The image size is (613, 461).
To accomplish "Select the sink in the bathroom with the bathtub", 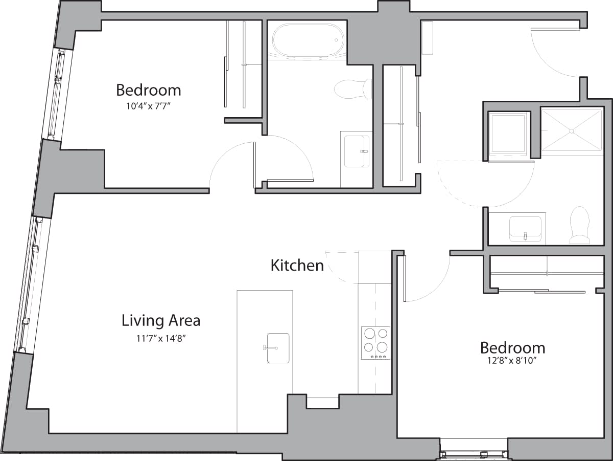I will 356,151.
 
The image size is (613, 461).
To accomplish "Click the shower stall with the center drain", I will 572,130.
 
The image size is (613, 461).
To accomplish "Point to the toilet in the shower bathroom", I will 580,225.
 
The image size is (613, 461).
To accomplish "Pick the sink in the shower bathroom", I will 525,228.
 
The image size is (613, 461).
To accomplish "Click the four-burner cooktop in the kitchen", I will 375,342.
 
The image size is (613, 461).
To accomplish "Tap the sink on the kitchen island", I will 277,348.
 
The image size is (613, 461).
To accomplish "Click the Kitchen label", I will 297,266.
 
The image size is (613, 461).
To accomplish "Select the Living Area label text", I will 161,321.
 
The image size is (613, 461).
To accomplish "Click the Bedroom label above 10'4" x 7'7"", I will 148,90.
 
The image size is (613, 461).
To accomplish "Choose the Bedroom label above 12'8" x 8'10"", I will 512,348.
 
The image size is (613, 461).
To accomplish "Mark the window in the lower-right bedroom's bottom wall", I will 474,453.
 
